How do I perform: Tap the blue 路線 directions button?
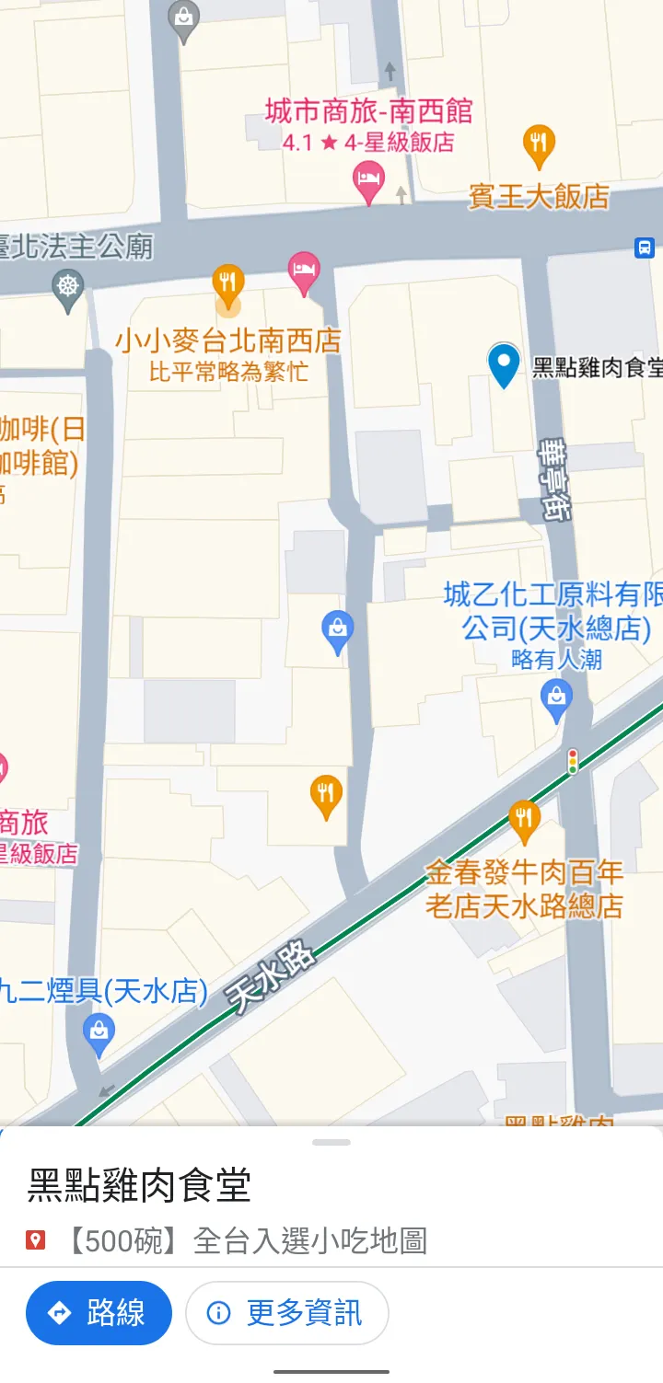(x=99, y=1312)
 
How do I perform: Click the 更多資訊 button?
(x=286, y=1312)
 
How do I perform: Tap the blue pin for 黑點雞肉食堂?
(x=504, y=363)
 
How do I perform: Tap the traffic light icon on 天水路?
(x=573, y=761)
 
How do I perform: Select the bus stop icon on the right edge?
(x=644, y=247)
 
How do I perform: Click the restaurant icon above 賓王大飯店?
(x=539, y=144)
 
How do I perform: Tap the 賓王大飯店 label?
(x=539, y=196)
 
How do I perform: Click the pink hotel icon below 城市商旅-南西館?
(x=368, y=180)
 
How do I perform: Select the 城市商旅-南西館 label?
(x=368, y=112)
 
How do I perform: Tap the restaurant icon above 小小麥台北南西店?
(x=228, y=282)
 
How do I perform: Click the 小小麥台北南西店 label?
(x=227, y=340)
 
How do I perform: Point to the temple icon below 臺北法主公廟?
(x=69, y=286)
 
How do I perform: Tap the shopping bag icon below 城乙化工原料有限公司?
(x=556, y=698)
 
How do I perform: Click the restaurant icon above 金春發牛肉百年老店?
(x=524, y=817)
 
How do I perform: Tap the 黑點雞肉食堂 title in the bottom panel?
(x=139, y=1185)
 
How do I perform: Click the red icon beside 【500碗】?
(x=36, y=1241)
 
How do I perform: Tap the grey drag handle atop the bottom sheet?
(x=331, y=1142)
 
